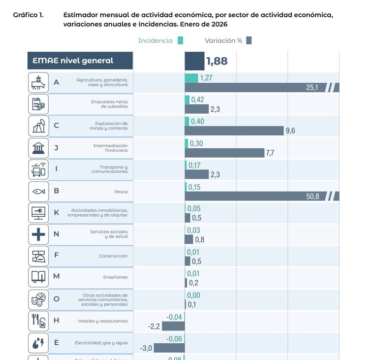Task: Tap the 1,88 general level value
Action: click(217, 61)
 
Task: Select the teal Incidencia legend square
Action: click(180, 40)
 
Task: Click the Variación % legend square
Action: click(249, 40)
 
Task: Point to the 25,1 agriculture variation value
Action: click(312, 88)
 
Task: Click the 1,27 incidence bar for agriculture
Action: click(191, 78)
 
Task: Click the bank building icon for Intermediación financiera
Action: click(38, 148)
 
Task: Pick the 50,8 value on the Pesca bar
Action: click(312, 196)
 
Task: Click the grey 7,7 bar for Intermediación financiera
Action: click(224, 153)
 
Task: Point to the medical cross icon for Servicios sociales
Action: click(38, 234)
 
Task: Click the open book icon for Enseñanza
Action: click(38, 277)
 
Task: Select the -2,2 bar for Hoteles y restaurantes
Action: click(174, 326)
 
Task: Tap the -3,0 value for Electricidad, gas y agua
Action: click(146, 348)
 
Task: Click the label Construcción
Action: click(113, 256)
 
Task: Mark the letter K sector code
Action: click(57, 213)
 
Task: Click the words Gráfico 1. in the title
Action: click(28, 15)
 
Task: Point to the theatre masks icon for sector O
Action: click(38, 299)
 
